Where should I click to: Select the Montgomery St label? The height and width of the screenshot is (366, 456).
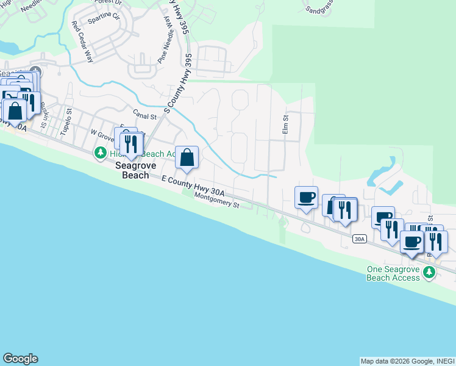pyautogui.click(x=216, y=201)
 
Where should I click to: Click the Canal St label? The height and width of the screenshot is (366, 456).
pyautogui.click(x=145, y=114)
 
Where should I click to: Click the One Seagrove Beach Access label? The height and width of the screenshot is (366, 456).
pyautogui.click(x=393, y=273)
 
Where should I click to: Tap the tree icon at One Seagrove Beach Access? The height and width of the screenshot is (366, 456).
pyautogui.click(x=429, y=273)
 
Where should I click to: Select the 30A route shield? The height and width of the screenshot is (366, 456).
pyautogui.click(x=360, y=240)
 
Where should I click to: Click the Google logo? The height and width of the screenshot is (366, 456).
pyautogui.click(x=20, y=359)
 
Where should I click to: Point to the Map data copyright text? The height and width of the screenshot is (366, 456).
pyautogui.click(x=407, y=361)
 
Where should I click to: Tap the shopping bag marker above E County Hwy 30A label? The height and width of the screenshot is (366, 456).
pyautogui.click(x=187, y=157)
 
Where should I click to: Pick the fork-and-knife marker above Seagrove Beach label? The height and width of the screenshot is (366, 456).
pyautogui.click(x=130, y=143)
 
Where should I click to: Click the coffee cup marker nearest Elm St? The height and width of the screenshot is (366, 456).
pyautogui.click(x=306, y=198)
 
